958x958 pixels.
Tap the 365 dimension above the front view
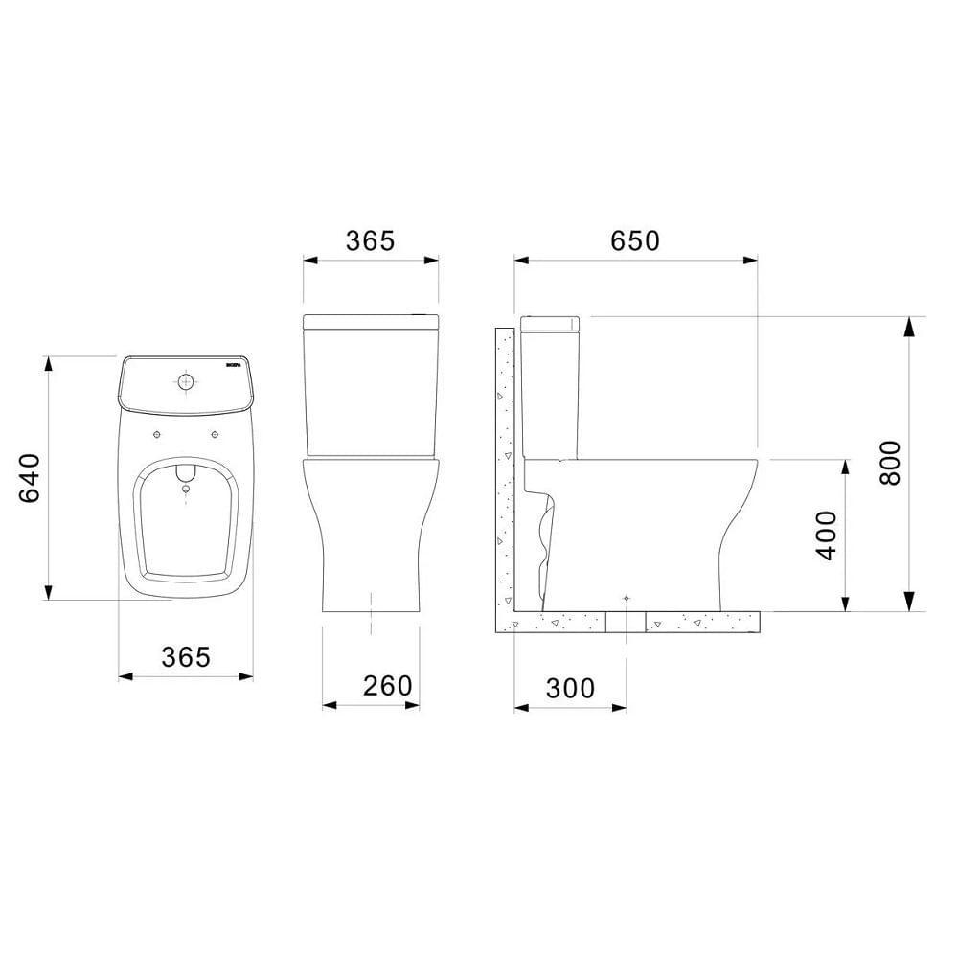click(x=370, y=240)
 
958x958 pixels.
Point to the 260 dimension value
click(x=387, y=685)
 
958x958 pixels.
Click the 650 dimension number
click(x=636, y=240)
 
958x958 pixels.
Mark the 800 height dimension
click(x=890, y=463)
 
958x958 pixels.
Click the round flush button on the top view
click(x=185, y=382)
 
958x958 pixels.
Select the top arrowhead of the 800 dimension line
click(x=908, y=326)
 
